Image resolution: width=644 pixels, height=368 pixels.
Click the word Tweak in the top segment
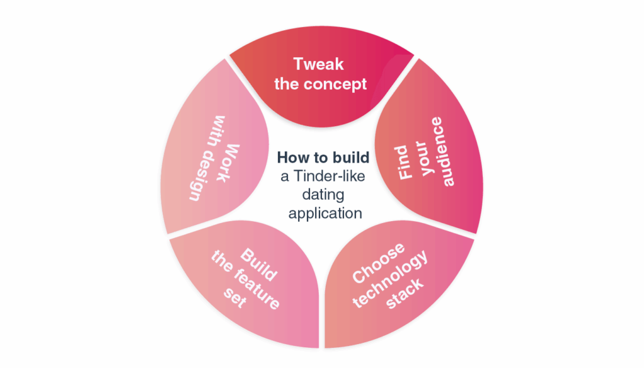coord(319,65)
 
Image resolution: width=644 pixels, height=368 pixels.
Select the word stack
coord(406,293)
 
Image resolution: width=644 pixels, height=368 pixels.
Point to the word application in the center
coord(325,214)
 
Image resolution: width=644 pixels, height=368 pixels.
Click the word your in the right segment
coord(430,165)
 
